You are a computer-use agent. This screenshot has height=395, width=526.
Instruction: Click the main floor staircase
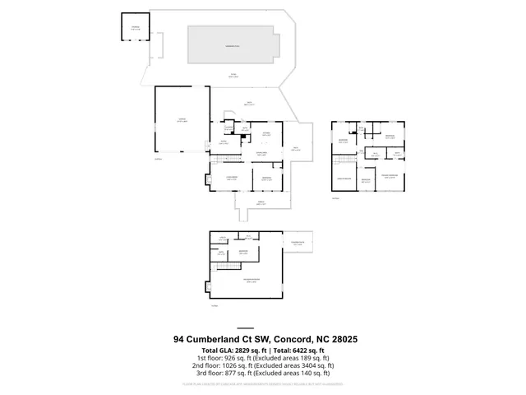point(229,157)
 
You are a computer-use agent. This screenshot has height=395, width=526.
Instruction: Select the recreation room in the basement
point(246,282)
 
